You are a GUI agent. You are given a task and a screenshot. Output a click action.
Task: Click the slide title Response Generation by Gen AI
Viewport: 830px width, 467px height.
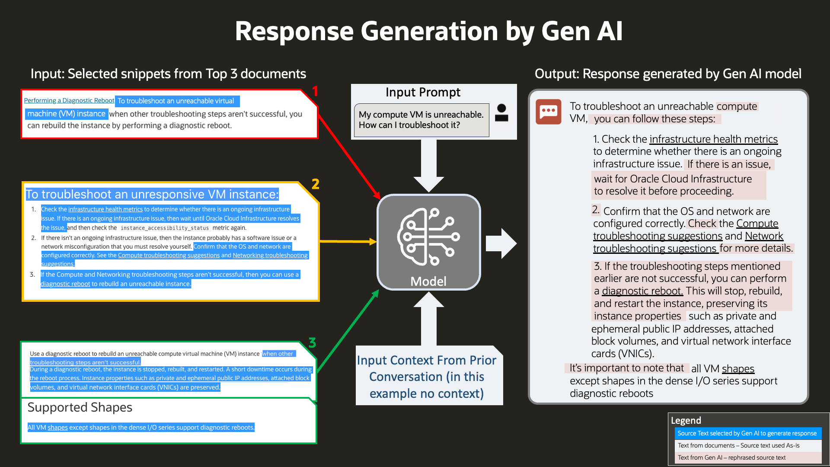click(x=428, y=32)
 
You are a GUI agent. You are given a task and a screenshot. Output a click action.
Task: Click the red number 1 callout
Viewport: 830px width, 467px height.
click(x=315, y=91)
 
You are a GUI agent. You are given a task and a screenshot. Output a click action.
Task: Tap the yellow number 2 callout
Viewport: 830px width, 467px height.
click(x=316, y=184)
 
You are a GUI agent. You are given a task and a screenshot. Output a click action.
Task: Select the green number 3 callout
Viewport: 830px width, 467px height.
click(x=312, y=343)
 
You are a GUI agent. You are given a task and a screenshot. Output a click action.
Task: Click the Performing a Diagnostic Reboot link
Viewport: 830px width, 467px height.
click(x=69, y=101)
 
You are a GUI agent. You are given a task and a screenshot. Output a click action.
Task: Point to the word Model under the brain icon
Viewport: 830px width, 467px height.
click(x=428, y=281)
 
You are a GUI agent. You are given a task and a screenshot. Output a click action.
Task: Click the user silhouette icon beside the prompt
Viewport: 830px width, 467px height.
click(x=501, y=113)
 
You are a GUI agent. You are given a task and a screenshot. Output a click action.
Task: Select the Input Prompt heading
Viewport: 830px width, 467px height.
click(x=423, y=93)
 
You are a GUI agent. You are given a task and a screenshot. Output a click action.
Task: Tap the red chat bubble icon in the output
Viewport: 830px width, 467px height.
click(x=548, y=112)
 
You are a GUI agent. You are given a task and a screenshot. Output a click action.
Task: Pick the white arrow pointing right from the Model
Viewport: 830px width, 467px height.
click(x=501, y=243)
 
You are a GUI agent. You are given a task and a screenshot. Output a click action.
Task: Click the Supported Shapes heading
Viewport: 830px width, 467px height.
click(x=80, y=407)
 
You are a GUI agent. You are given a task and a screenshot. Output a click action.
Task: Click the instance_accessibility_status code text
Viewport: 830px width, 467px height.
click(x=164, y=228)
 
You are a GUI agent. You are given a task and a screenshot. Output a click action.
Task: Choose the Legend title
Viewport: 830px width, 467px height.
click(x=686, y=420)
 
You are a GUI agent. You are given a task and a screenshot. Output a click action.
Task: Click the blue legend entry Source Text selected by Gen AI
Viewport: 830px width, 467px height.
click(x=747, y=433)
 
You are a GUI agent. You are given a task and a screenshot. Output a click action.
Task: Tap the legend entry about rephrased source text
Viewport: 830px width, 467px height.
click(x=731, y=457)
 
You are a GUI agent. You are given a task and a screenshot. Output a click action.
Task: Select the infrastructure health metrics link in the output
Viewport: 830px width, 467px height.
click(x=713, y=139)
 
